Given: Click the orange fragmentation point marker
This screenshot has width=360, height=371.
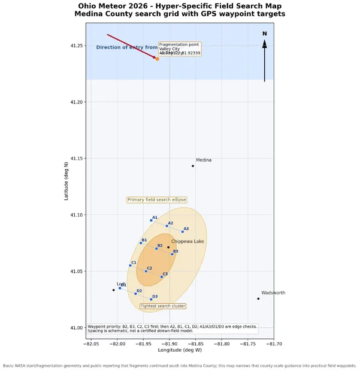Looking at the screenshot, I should click(x=157, y=59).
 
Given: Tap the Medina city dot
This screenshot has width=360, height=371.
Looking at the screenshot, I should click(x=193, y=166).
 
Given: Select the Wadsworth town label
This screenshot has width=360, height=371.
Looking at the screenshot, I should click(x=273, y=293).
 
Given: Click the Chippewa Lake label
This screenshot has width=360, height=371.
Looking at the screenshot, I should click(x=187, y=242).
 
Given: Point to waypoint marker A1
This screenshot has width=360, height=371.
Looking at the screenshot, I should click(x=151, y=220).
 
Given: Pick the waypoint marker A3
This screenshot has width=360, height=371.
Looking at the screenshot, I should click(x=183, y=232).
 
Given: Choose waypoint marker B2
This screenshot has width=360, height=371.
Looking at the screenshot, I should click(x=156, y=248).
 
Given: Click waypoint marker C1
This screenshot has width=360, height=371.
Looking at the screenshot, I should click(x=130, y=266).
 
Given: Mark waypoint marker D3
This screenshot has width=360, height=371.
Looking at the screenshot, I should click(x=151, y=299).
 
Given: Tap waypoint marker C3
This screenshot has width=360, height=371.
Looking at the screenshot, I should click(x=162, y=276).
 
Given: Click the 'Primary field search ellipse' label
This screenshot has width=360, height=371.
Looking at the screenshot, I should click(x=156, y=200).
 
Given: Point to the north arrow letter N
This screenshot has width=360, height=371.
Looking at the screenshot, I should click(x=264, y=34).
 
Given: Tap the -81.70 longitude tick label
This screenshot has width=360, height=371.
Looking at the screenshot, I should click(x=274, y=343).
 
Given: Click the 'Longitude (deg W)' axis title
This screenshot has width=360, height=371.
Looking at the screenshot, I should click(x=180, y=350).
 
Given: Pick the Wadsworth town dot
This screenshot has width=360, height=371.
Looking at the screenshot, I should click(x=258, y=299).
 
